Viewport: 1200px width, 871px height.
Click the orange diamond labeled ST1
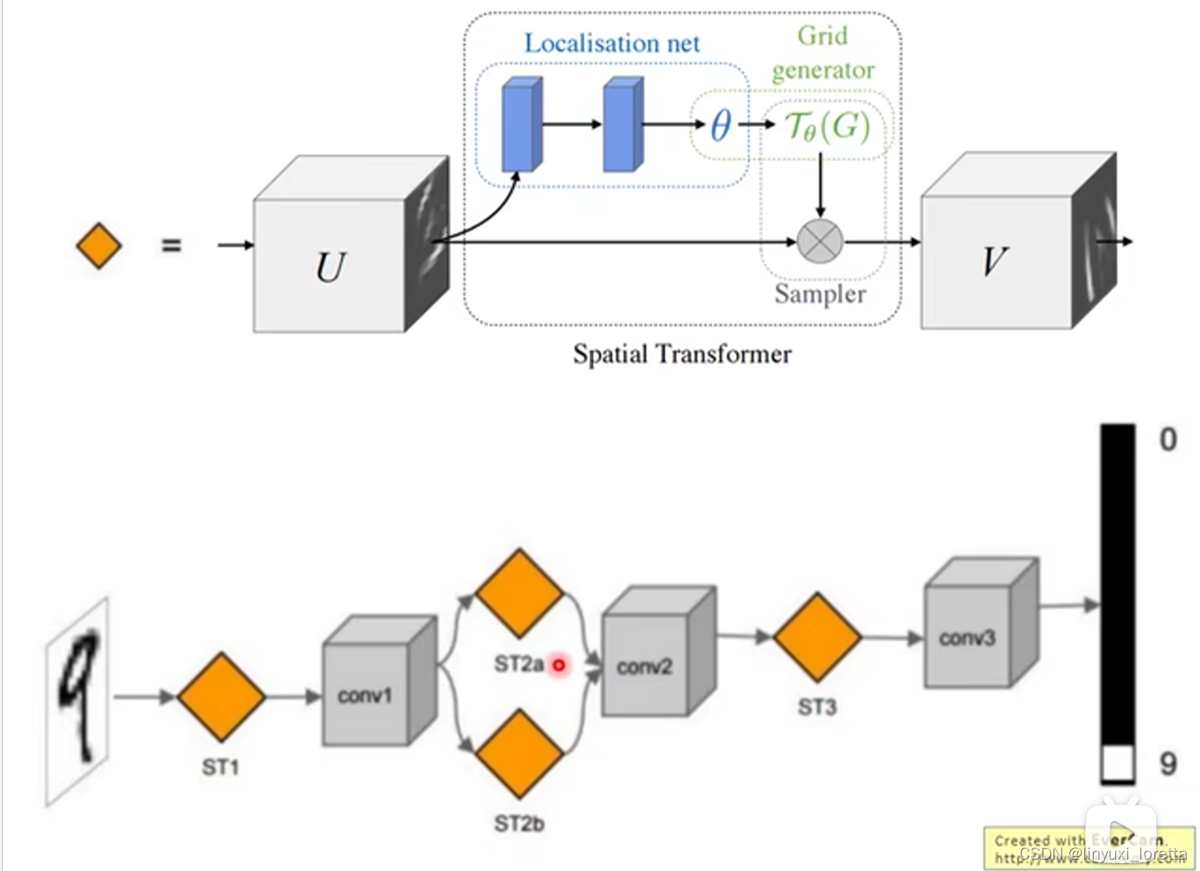point(221,696)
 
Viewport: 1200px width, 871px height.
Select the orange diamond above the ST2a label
point(518,593)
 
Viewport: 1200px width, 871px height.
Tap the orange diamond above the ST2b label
point(518,754)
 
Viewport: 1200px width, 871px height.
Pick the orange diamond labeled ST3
point(817,638)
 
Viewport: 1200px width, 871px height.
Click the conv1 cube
point(367,693)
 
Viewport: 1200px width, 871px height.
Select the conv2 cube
point(645,664)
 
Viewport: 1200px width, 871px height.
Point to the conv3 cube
point(968,636)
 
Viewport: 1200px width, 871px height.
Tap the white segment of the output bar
point(1118,764)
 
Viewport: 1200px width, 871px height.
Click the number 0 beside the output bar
point(1168,438)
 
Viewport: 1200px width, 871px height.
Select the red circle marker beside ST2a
point(558,666)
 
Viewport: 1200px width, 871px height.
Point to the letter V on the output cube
point(995,261)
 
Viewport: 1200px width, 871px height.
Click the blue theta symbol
point(720,125)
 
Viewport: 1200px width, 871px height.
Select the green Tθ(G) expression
point(826,126)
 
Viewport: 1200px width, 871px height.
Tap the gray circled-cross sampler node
point(820,241)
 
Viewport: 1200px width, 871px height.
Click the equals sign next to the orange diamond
point(171,246)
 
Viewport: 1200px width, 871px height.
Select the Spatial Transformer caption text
point(682,353)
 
